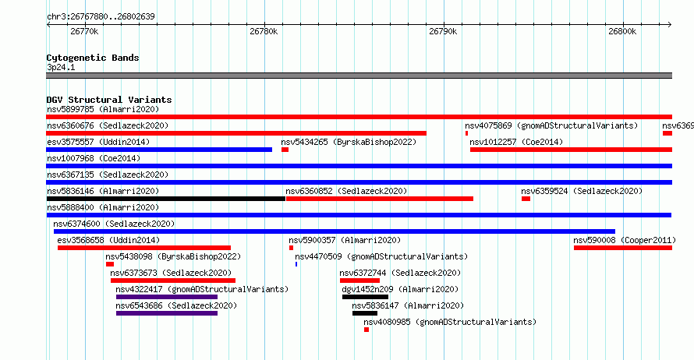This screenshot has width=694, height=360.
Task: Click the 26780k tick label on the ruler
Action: click(x=264, y=31)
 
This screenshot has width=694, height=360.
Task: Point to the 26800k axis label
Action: click(x=622, y=31)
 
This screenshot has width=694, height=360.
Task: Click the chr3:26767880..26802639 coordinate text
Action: click(x=101, y=16)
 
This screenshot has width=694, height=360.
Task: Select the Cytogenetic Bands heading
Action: click(x=93, y=58)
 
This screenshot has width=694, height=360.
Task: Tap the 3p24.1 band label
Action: click(x=61, y=67)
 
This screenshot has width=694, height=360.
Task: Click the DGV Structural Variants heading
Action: click(x=109, y=100)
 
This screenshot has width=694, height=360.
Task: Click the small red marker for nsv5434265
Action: click(x=285, y=150)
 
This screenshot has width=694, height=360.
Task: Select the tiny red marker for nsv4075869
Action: click(x=466, y=133)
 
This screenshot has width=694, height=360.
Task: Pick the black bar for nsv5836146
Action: click(x=166, y=199)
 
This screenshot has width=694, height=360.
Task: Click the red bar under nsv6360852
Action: click(x=380, y=199)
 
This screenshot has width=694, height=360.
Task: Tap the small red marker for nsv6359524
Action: click(x=526, y=199)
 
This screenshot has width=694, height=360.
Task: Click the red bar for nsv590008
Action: click(x=623, y=248)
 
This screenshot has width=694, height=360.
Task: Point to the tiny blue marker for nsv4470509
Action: click(x=296, y=264)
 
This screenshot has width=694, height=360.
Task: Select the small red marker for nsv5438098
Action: click(x=110, y=264)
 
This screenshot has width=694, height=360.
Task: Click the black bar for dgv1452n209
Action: click(x=365, y=297)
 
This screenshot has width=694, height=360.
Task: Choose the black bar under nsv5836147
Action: click(x=365, y=313)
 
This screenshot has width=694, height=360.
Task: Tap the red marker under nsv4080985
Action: click(x=366, y=330)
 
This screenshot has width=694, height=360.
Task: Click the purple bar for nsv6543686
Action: click(x=167, y=313)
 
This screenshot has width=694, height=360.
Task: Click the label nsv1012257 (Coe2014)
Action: click(x=516, y=142)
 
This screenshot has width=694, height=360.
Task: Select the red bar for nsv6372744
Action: click(x=359, y=281)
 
